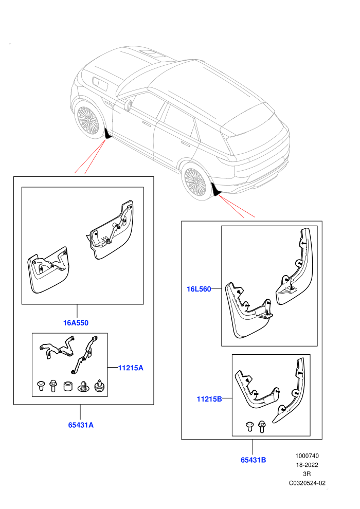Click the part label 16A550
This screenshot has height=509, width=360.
76,323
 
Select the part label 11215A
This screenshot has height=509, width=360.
131,368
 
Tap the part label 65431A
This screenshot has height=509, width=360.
81,425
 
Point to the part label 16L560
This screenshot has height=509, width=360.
199,289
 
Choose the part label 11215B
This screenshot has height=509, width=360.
209,399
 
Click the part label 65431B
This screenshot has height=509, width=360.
253,460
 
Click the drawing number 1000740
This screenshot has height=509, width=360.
307,456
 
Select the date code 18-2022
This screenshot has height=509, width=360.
307,465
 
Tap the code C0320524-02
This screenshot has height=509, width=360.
307,483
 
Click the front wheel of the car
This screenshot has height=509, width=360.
87,120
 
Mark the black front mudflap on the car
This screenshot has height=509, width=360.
108,133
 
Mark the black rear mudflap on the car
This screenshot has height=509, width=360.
216,190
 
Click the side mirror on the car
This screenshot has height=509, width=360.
128,104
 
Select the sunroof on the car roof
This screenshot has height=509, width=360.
152,53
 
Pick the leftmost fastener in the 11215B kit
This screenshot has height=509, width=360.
249,427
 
